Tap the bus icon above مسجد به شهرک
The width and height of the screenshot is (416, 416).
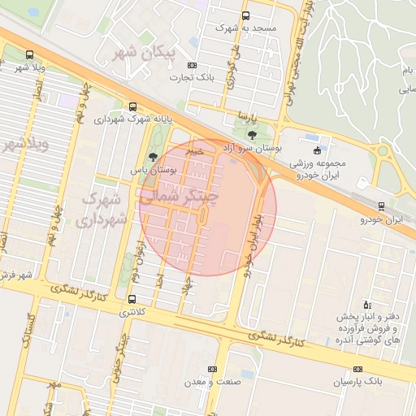tap(246, 15)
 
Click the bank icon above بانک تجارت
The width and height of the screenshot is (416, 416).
tap(192, 66)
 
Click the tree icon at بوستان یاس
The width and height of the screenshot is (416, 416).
tap(153, 157)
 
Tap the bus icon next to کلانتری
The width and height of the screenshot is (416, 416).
tap(132, 299)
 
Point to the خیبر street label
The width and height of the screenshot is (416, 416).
tap(194, 150)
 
